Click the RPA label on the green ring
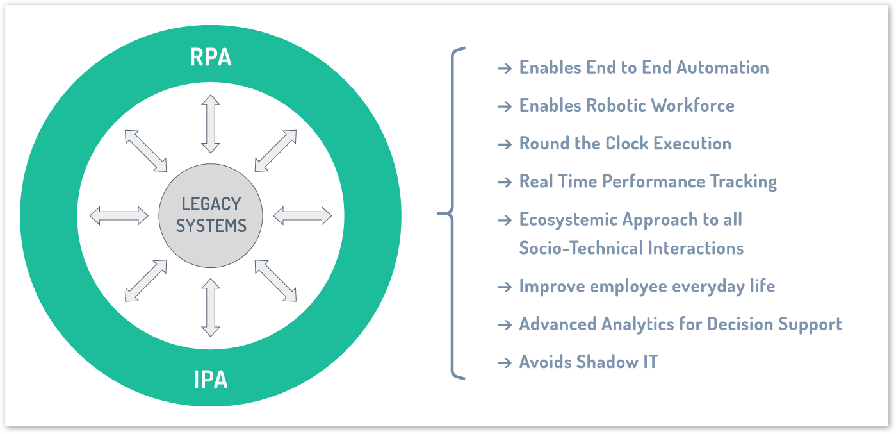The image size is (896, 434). pyautogui.click(x=210, y=58)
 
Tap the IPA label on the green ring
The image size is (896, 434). pyautogui.click(x=210, y=380)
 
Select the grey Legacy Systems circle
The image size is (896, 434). pyautogui.click(x=211, y=215)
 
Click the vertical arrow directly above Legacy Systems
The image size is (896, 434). pyautogui.click(x=211, y=124)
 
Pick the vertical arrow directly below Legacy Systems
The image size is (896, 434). pyautogui.click(x=211, y=307)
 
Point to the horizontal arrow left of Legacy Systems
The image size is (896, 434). pyautogui.click(x=119, y=216)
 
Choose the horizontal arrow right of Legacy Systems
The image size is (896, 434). pyautogui.click(x=302, y=216)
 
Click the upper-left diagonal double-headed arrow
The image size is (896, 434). pyautogui.click(x=146, y=151)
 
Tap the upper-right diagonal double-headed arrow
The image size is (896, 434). pyautogui.click(x=275, y=151)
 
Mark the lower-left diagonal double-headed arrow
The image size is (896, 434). pyautogui.click(x=146, y=280)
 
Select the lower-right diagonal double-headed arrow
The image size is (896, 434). pyautogui.click(x=275, y=280)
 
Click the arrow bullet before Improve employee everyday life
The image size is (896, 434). pyautogui.click(x=504, y=286)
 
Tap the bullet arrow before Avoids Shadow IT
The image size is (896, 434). pyautogui.click(x=504, y=362)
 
